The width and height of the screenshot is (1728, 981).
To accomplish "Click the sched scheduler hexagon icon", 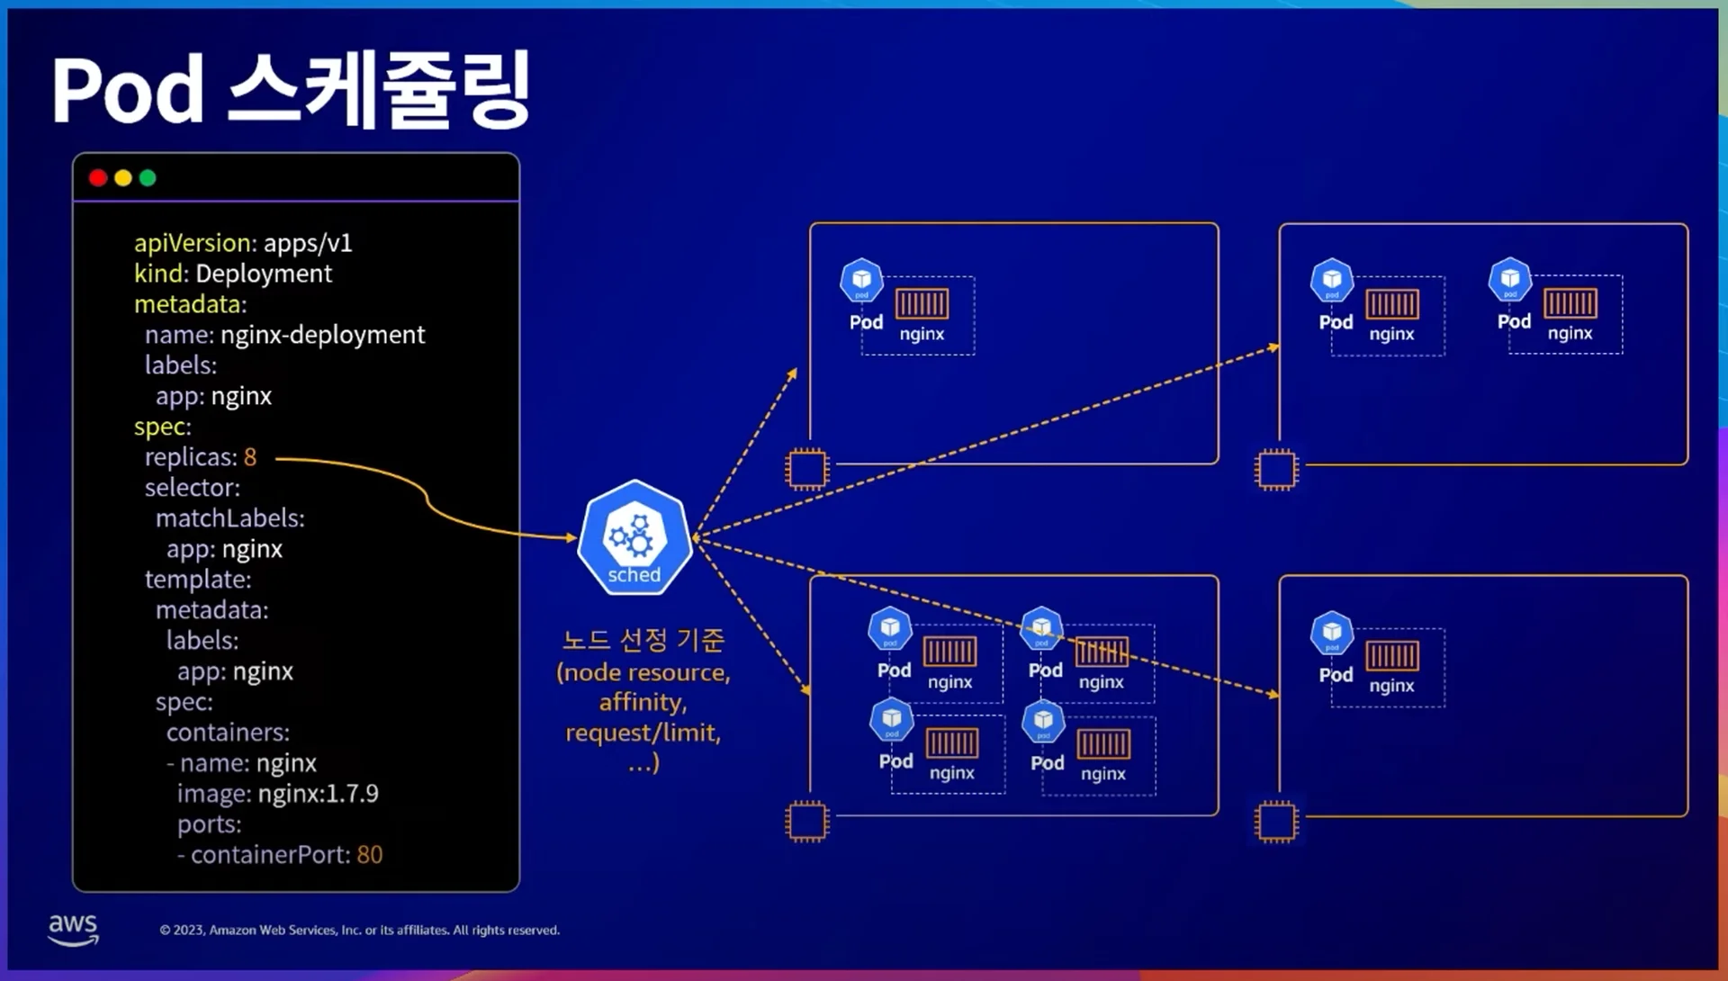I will coord(634,537).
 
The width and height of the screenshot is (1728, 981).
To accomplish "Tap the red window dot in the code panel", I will coord(98,178).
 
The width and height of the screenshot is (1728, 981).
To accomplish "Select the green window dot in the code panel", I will coord(148,178).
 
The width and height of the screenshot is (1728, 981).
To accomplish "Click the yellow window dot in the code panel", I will coord(123,178).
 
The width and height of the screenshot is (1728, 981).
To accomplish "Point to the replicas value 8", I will coord(250,457).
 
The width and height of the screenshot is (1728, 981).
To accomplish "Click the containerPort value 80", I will coord(369,854).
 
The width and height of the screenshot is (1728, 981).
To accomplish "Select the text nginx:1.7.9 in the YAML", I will coord(318,793).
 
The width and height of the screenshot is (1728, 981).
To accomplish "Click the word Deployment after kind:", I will coord(263,274).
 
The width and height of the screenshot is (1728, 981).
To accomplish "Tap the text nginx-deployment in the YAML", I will coord(322,335).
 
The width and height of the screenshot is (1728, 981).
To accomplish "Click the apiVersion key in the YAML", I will coord(193,243).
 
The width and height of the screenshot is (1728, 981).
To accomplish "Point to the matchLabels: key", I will coord(229,518).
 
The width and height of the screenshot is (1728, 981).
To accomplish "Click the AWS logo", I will coord(73,929).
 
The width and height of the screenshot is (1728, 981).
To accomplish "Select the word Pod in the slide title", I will coord(128,90).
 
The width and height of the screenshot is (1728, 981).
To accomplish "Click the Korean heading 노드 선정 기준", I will coord(643,640).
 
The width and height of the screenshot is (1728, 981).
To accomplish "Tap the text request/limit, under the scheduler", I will coord(643,733).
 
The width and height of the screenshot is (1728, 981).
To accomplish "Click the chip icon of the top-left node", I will coord(806,469).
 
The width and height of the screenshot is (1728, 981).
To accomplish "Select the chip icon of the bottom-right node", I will coord(1276,821).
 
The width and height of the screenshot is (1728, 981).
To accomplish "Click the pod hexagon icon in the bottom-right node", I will coord(1332,633).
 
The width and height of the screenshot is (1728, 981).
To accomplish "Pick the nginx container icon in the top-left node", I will coord(922,303).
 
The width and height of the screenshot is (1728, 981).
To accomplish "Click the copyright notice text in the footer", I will coord(359,930).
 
